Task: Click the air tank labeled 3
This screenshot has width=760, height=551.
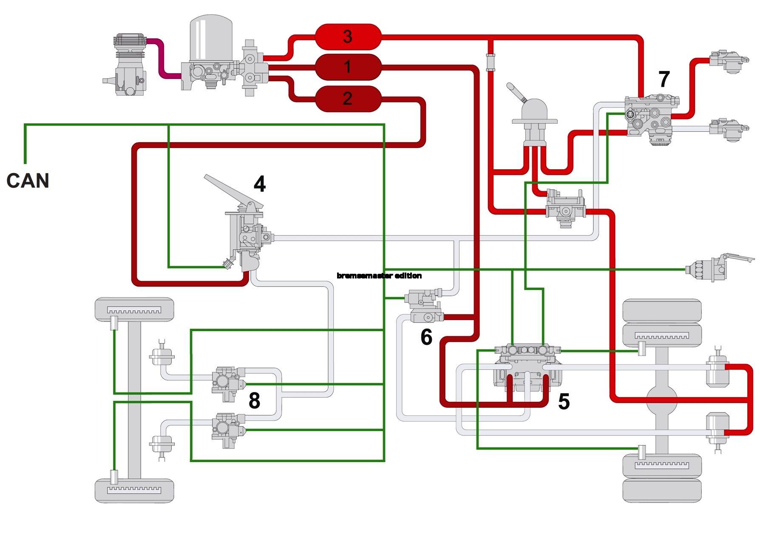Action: click(348, 37)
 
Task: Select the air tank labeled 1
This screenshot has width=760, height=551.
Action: click(348, 67)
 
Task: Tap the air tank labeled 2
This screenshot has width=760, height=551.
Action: click(348, 99)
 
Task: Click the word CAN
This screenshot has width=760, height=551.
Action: click(28, 181)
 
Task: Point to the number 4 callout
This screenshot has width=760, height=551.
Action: click(260, 184)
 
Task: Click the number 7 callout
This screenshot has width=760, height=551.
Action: click(664, 79)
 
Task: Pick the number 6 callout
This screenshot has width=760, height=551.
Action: click(426, 337)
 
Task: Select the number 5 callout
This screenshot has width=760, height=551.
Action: click(564, 401)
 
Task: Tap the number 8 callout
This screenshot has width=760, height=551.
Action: click(254, 400)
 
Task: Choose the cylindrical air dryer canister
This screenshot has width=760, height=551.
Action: click(211, 38)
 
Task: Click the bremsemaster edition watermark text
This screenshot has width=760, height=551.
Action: click(379, 275)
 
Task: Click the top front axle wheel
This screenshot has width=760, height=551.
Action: click(134, 309)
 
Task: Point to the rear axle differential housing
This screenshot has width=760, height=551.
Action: click(661, 400)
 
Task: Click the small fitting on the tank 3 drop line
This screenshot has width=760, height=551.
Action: click(491, 62)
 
